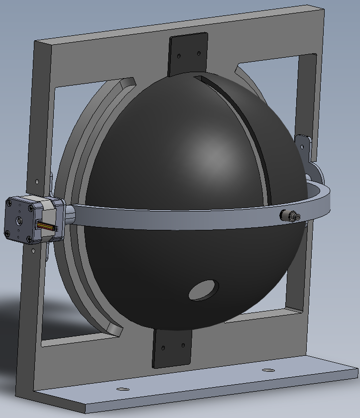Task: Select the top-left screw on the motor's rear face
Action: pos(9,203)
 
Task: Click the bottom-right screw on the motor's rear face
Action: pos(30,239)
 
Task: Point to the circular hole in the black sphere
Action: pos(203,290)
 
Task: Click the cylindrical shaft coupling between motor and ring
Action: pos(69,215)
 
